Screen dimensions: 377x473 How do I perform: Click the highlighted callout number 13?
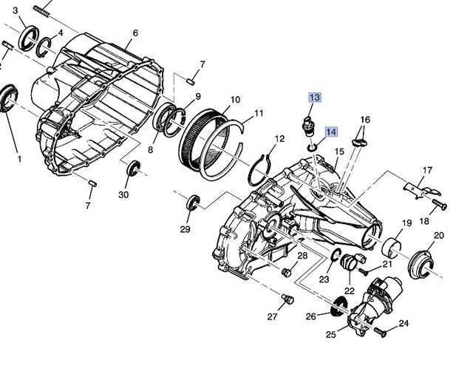pos(315,98)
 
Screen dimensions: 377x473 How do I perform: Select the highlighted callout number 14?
pos(330,132)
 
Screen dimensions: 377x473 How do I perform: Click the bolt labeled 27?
pos(287,299)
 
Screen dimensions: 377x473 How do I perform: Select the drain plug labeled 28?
pos(286,273)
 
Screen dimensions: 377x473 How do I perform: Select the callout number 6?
pos(135,33)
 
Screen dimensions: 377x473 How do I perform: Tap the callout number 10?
pos(235,99)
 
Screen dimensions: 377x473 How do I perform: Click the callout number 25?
pos(330,335)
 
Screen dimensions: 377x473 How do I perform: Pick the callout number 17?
pos(426,171)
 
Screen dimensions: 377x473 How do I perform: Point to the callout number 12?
pos(279,138)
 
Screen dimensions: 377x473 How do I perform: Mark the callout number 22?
pos(349,291)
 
